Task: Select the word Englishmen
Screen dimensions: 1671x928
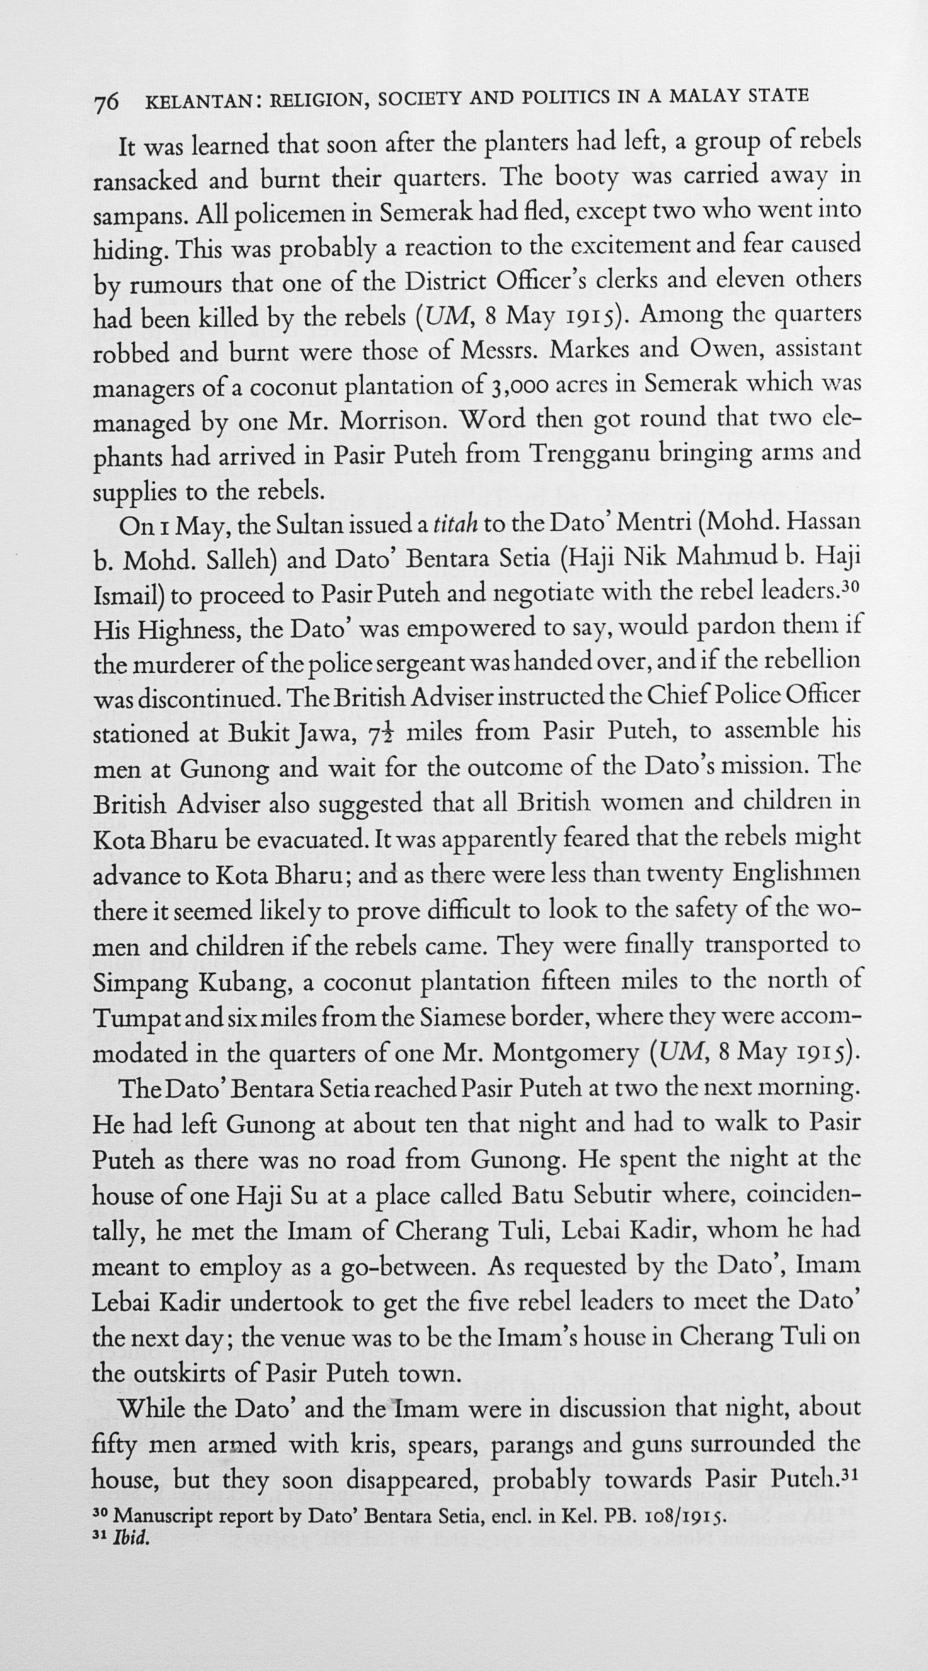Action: tap(796, 873)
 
